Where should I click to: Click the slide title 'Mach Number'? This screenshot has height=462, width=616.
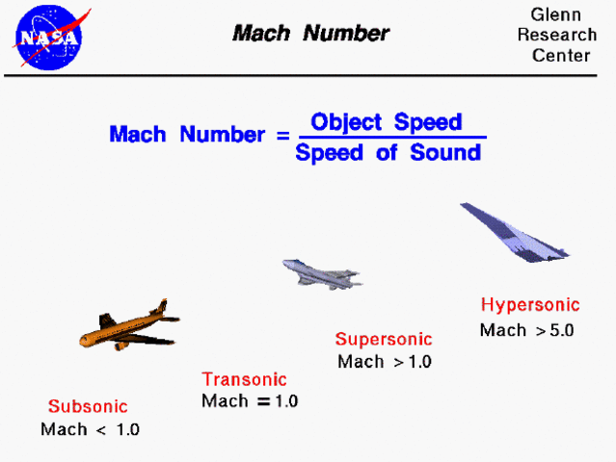coord(310,34)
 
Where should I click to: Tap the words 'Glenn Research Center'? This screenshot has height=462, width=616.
coord(563,36)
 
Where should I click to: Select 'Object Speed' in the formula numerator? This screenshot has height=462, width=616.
coord(386,122)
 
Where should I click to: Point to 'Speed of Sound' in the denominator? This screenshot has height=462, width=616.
coord(388,153)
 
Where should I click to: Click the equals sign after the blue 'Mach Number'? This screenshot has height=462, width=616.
coord(281,135)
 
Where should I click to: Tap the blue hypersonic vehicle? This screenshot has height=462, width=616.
coord(515,234)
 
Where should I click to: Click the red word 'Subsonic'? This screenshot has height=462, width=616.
coord(88,406)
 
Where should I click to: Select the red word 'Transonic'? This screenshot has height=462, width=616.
coord(244,379)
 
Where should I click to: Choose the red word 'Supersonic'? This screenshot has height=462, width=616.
coord(384,339)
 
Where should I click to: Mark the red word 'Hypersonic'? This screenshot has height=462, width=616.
coord(530,305)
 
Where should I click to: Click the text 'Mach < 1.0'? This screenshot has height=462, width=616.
coord(90,429)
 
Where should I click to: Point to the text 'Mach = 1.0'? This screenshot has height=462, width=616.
coord(250,401)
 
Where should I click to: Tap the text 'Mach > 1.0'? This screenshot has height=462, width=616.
coord(385,362)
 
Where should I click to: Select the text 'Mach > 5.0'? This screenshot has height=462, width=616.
coord(526,330)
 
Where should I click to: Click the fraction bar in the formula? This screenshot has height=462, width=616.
coord(388,138)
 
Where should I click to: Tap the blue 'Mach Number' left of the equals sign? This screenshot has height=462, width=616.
coord(186,135)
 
